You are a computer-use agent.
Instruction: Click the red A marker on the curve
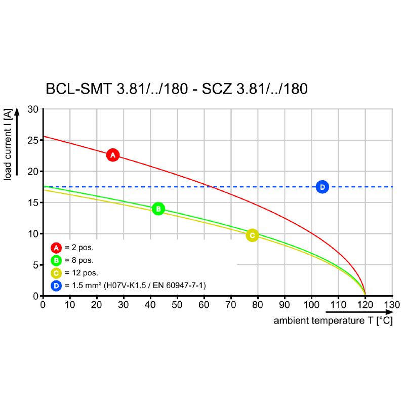113,155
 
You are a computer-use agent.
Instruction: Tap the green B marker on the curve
158,209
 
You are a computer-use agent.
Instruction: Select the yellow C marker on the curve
252,235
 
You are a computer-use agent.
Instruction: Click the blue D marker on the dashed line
322,187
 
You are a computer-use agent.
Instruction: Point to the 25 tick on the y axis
33,140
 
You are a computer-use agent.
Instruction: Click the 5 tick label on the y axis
36,265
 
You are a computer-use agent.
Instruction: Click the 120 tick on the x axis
365,305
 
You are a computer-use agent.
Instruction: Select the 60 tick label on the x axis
204,305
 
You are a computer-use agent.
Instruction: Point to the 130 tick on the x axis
392,305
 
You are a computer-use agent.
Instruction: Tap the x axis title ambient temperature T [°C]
333,321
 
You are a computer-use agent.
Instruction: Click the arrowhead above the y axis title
17,111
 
